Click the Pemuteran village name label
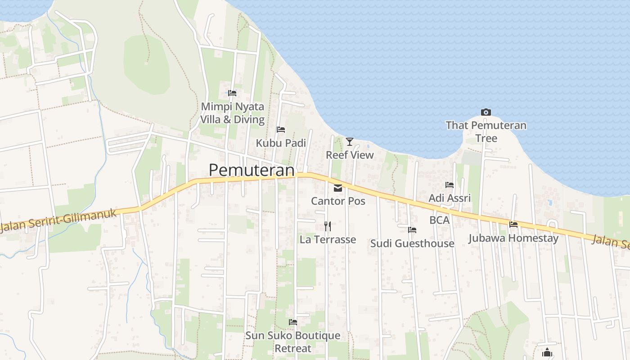point(252,170)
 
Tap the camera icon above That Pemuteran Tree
point(486,112)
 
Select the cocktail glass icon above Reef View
point(350,142)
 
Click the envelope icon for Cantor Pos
point(338,188)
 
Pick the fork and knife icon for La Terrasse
point(328,226)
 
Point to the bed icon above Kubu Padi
point(281,130)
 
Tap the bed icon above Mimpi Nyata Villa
point(232,93)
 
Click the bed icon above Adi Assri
point(449,184)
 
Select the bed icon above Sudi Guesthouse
point(412,230)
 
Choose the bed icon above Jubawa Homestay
point(513,224)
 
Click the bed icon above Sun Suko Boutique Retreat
point(293,322)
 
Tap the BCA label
point(440,220)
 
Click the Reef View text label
point(350,155)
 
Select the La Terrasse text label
point(328,239)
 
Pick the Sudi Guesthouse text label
point(412,243)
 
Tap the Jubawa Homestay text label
point(513,238)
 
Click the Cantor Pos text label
point(338,201)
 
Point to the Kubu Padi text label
point(281,143)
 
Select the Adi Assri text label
point(450,198)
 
